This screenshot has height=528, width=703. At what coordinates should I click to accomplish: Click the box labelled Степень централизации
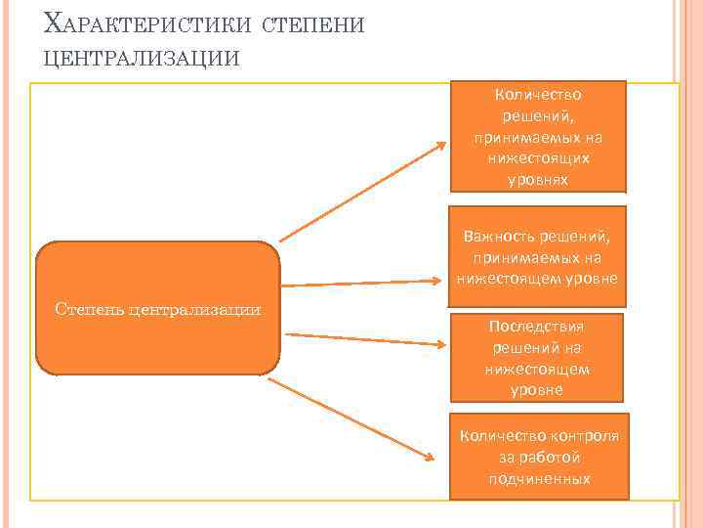tap(158, 308)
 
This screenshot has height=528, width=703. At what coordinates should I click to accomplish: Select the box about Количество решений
tap(537, 136)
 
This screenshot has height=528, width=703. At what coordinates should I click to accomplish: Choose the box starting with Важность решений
tap(537, 249)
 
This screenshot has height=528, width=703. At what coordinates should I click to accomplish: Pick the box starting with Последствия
tap(537, 357)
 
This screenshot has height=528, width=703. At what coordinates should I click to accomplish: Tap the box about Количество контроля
tap(537, 457)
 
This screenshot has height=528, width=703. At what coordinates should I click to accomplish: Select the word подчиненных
tap(537, 478)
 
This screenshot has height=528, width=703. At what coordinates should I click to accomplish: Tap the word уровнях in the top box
tap(537, 180)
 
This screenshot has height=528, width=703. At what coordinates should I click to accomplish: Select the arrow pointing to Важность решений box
tap(361, 283)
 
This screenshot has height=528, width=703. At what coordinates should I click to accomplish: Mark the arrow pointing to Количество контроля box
tap(351, 417)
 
